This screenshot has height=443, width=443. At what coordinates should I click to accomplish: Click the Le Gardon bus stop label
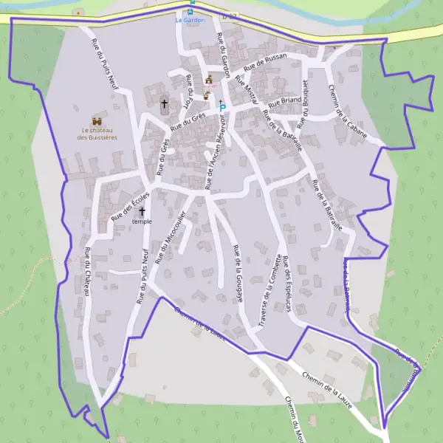tap(190, 20)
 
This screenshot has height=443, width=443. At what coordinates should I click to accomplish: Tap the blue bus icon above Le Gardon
tap(191, 11)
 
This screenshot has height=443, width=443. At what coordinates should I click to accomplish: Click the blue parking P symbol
tap(223, 108)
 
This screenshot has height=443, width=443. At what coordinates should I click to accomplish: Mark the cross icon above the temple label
tap(142, 212)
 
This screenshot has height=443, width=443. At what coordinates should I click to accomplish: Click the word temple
tap(142, 221)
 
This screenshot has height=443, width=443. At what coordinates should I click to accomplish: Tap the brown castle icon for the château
tap(97, 120)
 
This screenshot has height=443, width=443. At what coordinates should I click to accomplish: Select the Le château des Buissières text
tap(97, 134)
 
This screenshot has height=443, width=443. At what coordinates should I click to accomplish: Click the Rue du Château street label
tap(87, 272)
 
